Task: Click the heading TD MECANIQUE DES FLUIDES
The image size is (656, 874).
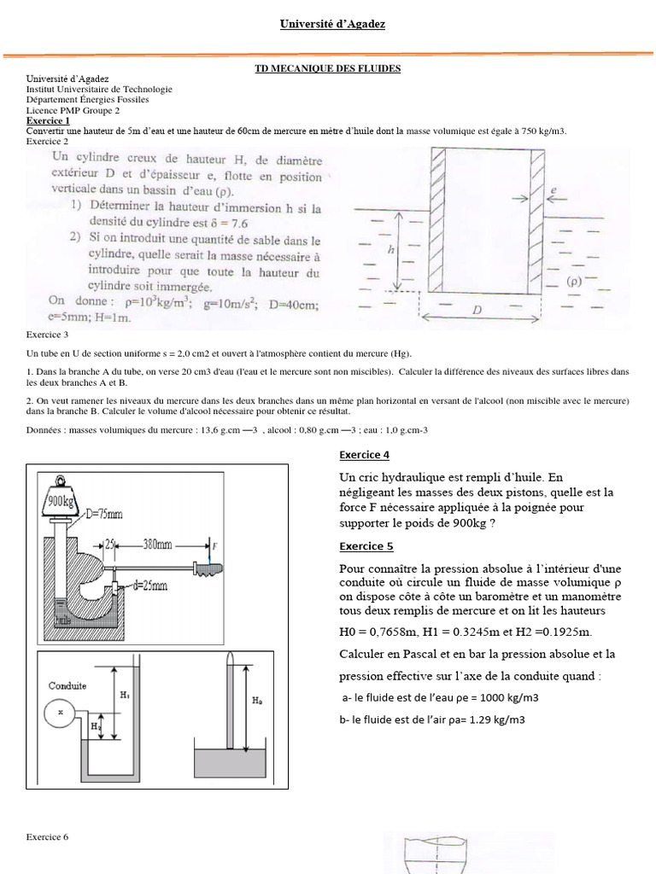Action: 328,68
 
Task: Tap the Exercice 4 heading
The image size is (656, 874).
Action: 365,455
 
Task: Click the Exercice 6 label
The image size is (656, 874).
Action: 47,837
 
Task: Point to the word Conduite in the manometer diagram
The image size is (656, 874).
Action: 67,685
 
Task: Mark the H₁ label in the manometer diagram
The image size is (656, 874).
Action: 125,696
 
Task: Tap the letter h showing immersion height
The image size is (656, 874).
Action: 391,251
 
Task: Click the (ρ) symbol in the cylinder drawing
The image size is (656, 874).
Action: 574,280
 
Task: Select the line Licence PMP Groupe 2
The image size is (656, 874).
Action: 73,110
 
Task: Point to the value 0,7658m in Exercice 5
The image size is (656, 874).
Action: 394,632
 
